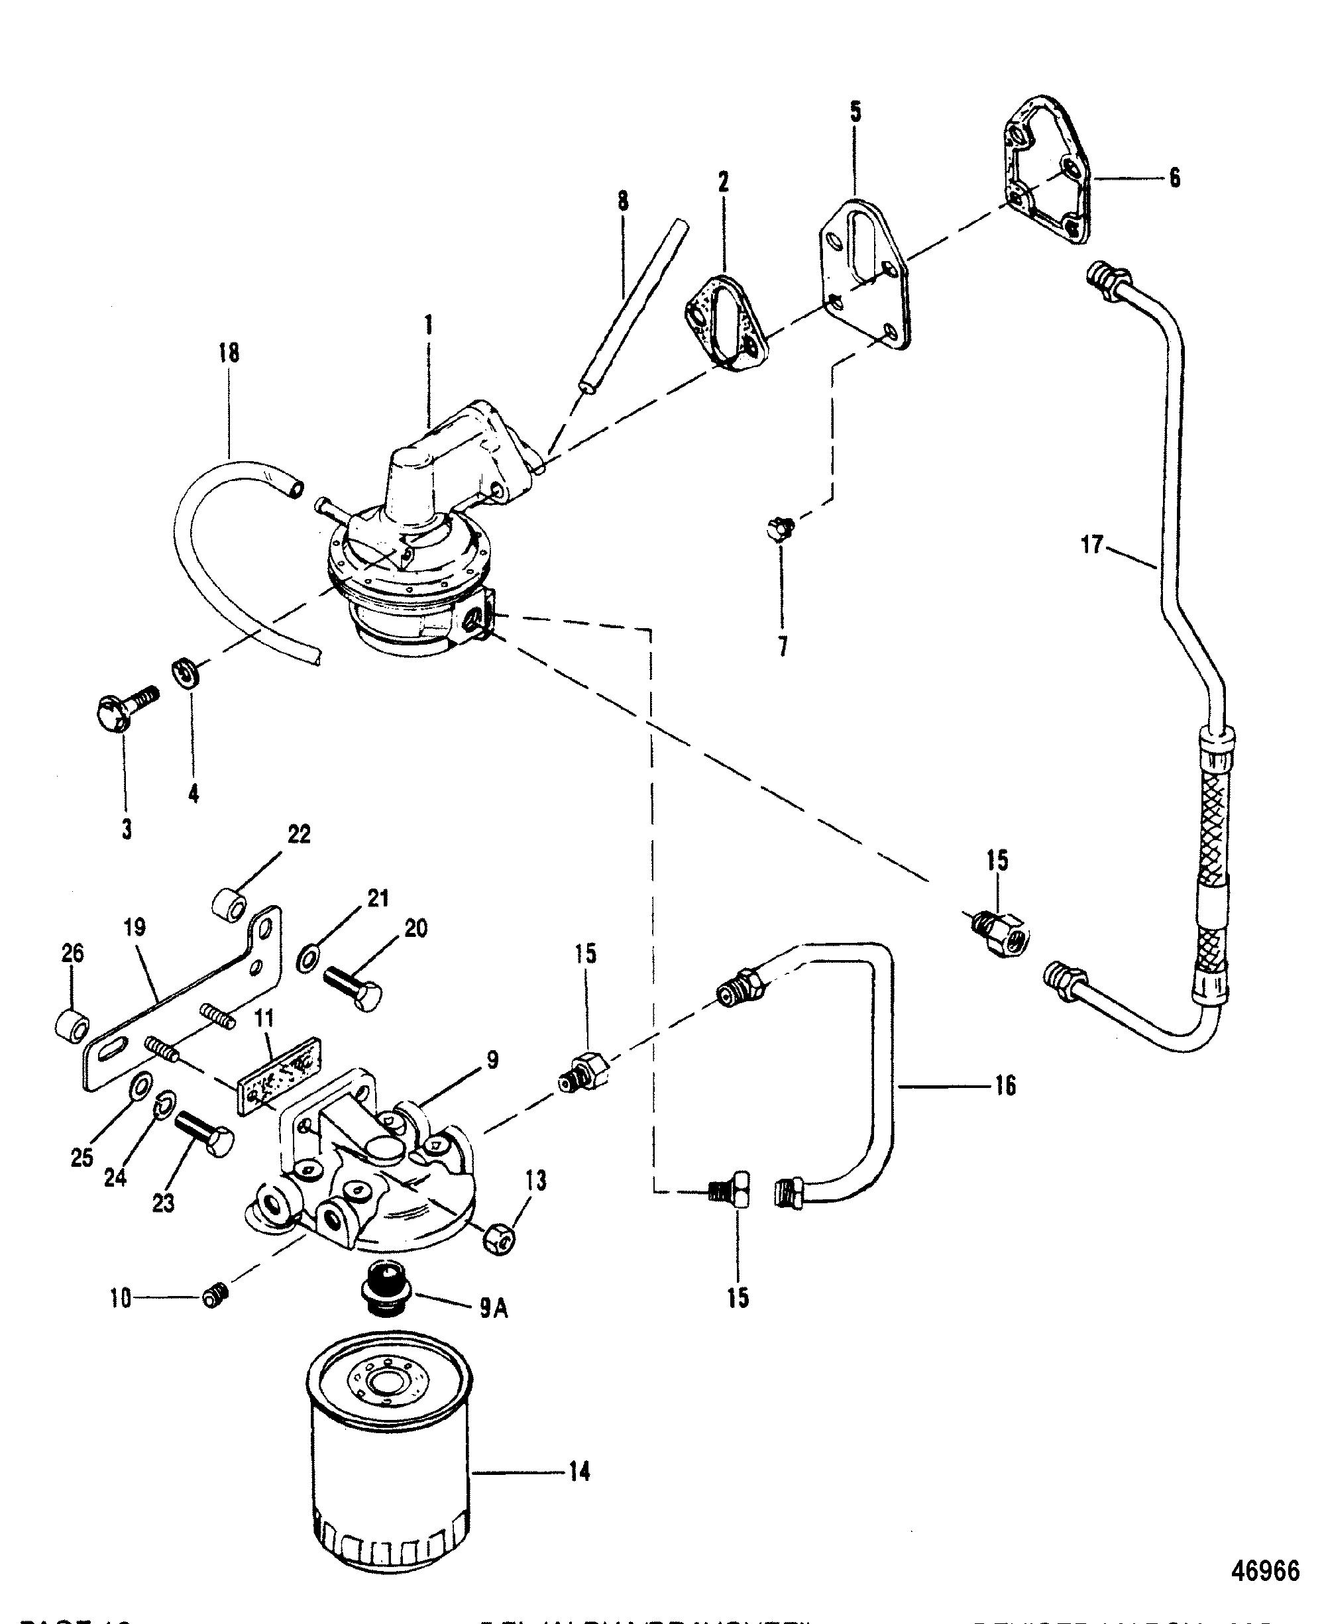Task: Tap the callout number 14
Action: tap(579, 1472)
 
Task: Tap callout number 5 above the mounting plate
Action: tap(855, 113)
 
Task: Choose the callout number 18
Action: tap(228, 352)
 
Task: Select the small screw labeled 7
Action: tap(779, 527)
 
